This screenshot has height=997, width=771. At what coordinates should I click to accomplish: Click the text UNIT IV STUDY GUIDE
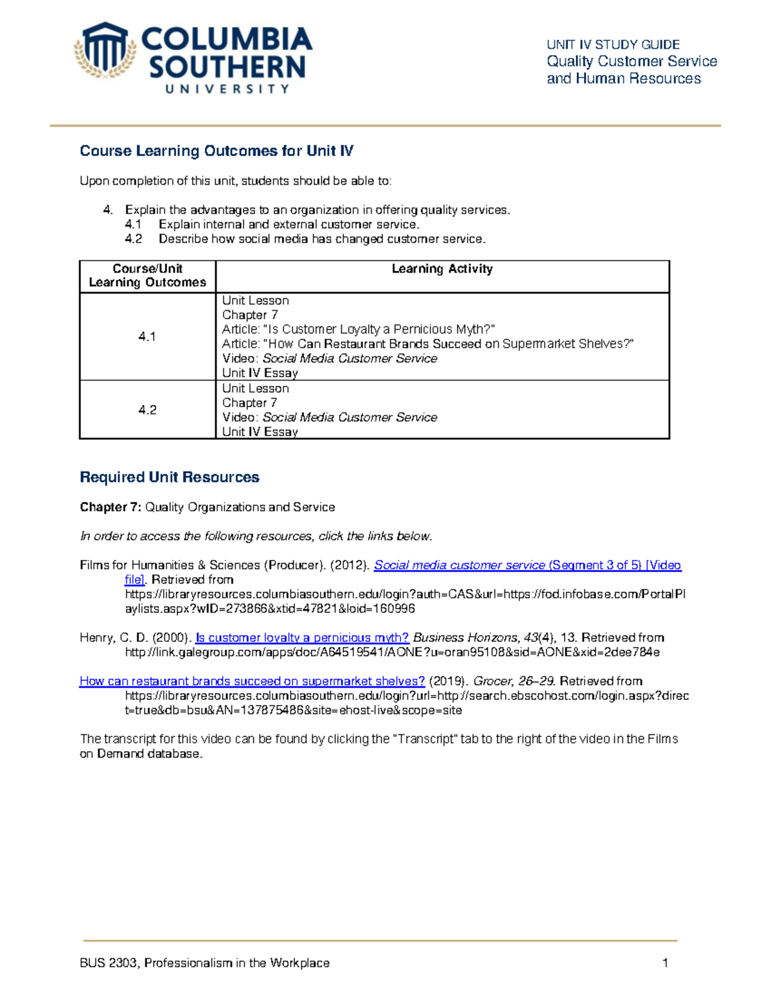click(613, 44)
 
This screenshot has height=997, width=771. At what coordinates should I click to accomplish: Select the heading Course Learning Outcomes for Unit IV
click(217, 151)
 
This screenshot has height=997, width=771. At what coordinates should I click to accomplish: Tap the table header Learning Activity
click(442, 269)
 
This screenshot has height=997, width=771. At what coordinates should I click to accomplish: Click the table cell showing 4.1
click(147, 336)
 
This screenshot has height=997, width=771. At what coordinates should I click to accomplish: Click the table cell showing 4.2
click(147, 410)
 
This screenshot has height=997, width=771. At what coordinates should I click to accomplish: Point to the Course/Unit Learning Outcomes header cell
click(147, 275)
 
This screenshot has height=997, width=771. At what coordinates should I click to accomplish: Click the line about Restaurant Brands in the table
click(427, 344)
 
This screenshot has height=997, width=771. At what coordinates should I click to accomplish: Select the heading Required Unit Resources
click(170, 477)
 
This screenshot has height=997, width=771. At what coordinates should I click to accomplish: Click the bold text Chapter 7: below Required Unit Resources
click(110, 507)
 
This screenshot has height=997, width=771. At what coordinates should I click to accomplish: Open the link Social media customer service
click(459, 565)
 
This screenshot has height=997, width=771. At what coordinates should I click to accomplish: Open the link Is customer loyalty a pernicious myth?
click(302, 637)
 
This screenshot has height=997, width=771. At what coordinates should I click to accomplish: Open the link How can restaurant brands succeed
click(252, 681)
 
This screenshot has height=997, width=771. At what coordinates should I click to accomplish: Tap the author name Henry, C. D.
click(114, 637)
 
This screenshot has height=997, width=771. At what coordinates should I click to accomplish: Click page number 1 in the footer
click(665, 962)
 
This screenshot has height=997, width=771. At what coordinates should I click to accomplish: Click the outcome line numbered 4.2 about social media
click(321, 239)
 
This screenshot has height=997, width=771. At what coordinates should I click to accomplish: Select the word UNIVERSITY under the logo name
click(227, 89)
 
